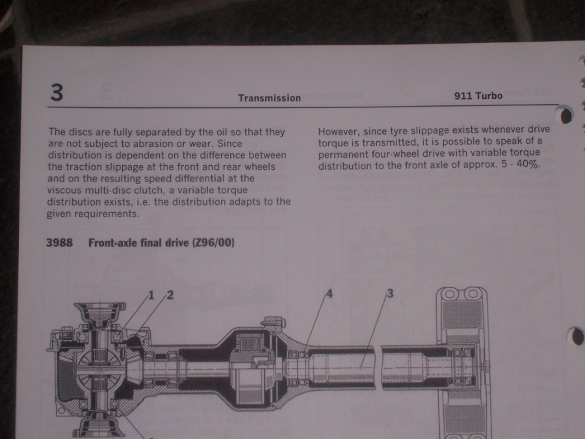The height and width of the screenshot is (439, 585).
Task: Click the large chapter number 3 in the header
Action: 57,92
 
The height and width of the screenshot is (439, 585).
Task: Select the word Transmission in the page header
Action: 269,98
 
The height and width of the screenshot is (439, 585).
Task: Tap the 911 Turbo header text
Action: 478,96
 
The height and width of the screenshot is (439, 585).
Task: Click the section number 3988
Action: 59,243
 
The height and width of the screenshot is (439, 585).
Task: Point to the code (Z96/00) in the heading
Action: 213,243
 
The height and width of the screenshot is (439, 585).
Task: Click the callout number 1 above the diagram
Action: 151,295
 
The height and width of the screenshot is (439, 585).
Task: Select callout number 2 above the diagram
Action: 170,295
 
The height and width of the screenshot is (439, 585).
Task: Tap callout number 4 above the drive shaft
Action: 329,294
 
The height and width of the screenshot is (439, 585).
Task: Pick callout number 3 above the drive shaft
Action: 390,293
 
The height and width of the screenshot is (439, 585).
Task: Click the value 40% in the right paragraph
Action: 528,164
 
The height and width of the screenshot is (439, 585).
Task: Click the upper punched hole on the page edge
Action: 564,114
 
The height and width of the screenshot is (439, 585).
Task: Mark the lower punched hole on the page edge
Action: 575,336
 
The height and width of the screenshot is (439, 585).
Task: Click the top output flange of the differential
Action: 100,311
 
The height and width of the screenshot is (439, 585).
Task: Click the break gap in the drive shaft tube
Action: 378,367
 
